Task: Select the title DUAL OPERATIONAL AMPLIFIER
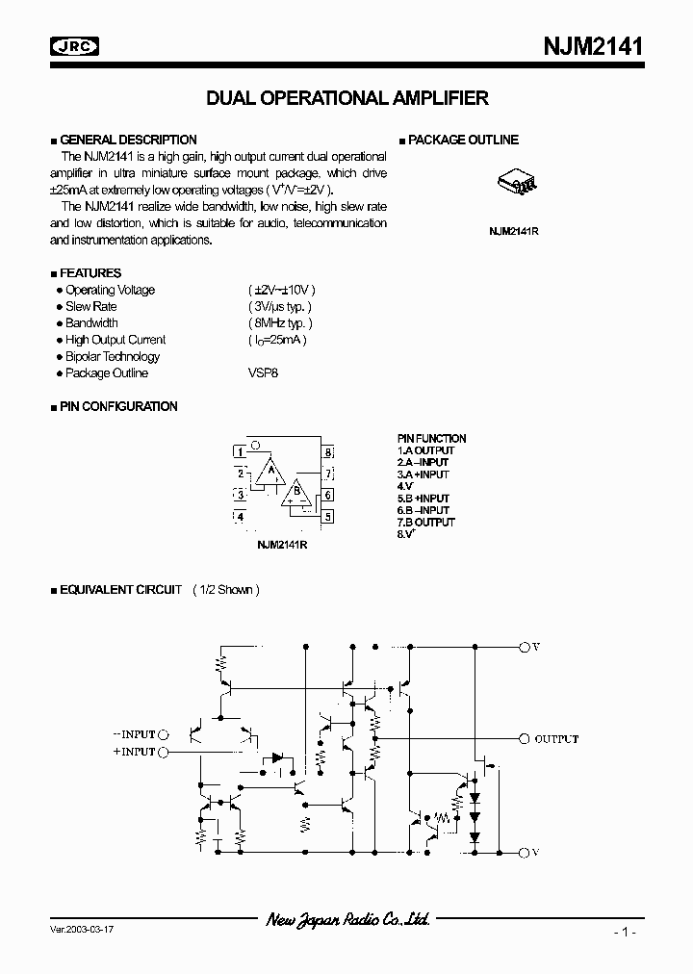click(347, 98)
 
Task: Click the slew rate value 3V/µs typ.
click(281, 306)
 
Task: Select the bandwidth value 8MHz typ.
click(279, 323)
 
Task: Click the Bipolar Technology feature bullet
click(112, 357)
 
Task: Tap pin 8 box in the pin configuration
click(328, 451)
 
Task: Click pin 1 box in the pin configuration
click(240, 451)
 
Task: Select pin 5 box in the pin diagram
click(328, 517)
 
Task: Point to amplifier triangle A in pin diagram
click(270, 472)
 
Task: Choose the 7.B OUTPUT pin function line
click(426, 522)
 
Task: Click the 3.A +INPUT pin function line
click(423, 474)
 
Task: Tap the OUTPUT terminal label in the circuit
click(556, 738)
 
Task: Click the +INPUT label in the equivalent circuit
click(134, 752)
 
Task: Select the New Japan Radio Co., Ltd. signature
click(347, 920)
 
